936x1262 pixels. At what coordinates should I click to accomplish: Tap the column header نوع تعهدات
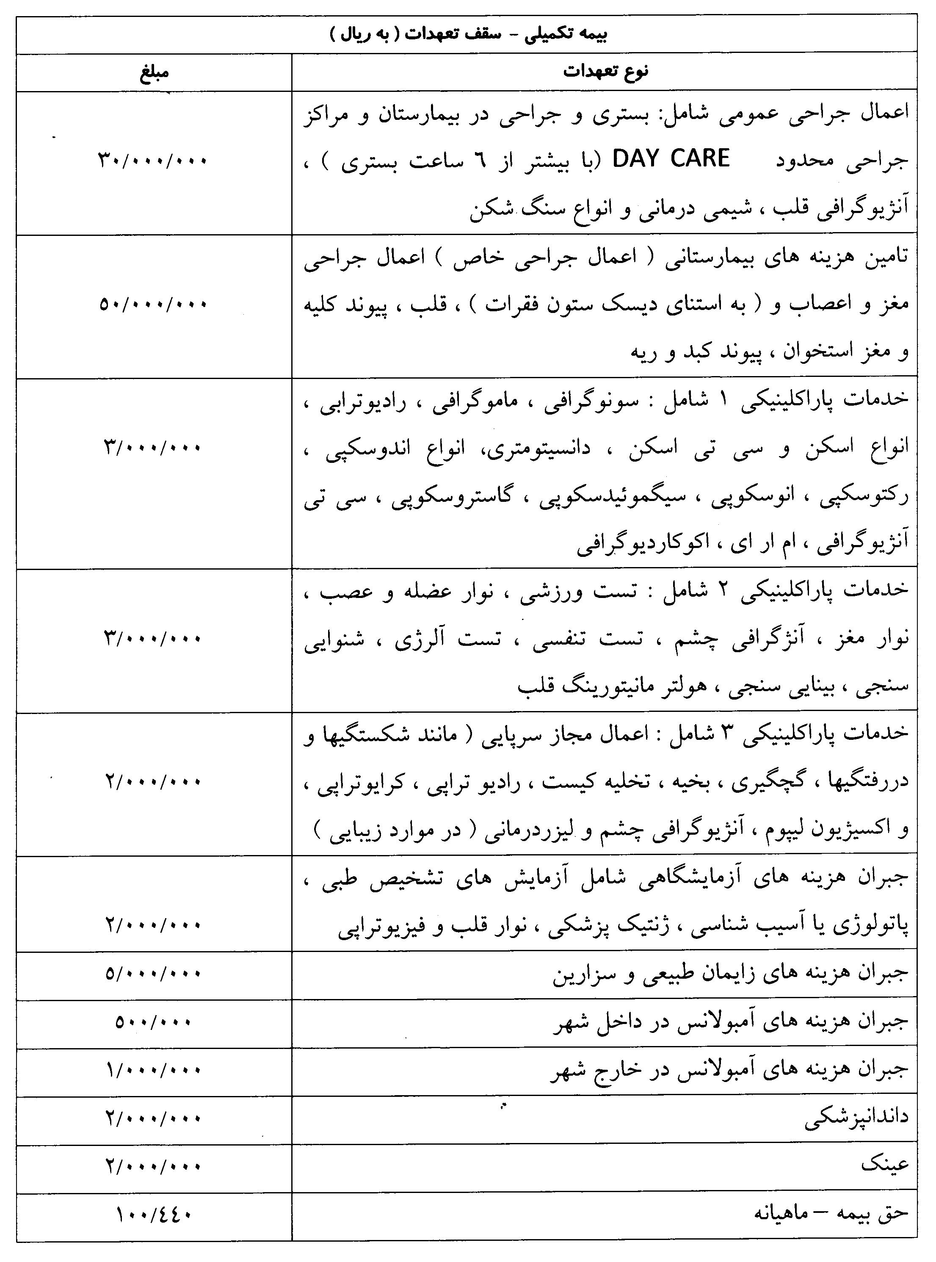pyautogui.click(x=605, y=72)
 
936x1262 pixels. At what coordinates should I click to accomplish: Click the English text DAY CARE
pyautogui.click(x=671, y=159)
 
